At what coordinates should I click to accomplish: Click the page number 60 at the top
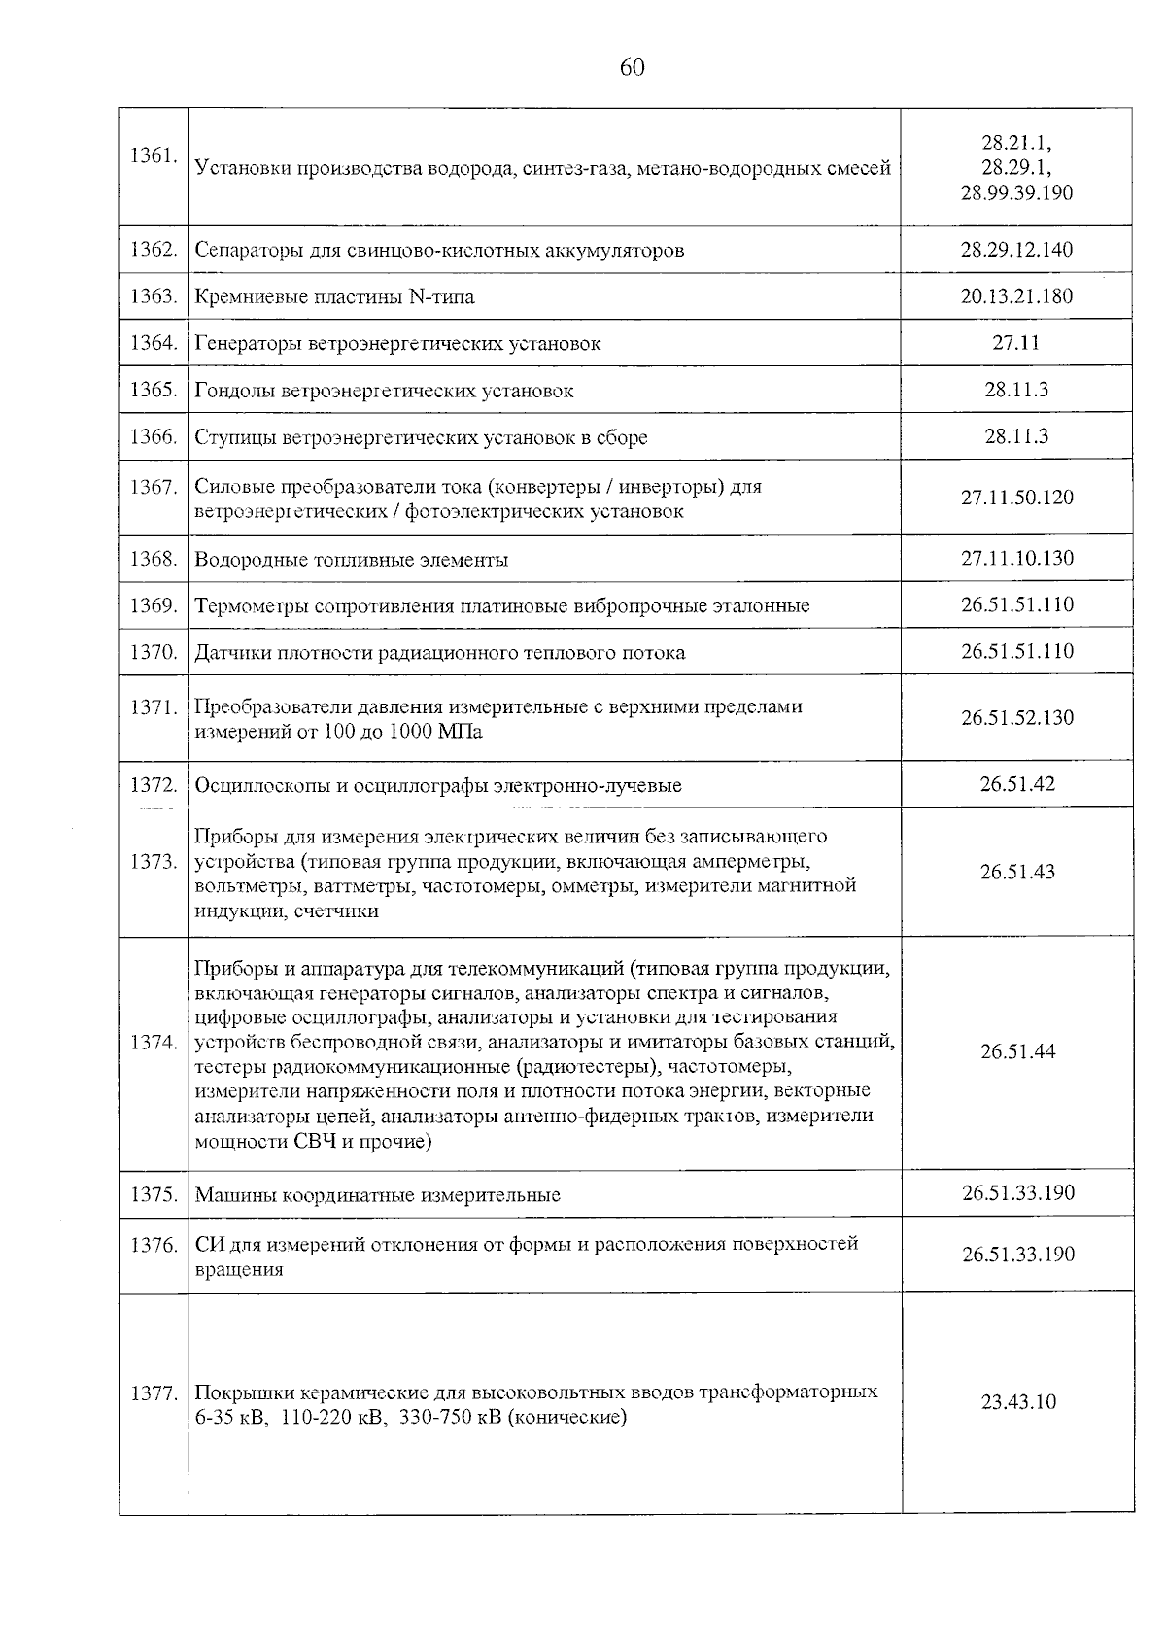[x=631, y=67]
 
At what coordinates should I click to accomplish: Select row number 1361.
[x=153, y=155]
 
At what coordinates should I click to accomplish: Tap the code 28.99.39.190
[x=1016, y=193]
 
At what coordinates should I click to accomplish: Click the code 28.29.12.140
[x=1016, y=250]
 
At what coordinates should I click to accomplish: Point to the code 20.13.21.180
[x=1016, y=296]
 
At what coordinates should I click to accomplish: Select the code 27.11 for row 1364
[x=1016, y=342]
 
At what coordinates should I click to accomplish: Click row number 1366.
[x=153, y=437]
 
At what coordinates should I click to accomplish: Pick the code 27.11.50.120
[x=1016, y=498]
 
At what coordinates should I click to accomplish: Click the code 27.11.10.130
[x=1016, y=558]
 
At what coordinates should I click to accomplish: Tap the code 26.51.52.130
[x=1016, y=718]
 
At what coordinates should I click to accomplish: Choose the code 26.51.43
[x=1016, y=872]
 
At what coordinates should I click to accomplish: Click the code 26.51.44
[x=1016, y=1051]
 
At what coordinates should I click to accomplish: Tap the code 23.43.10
[x=1017, y=1402]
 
